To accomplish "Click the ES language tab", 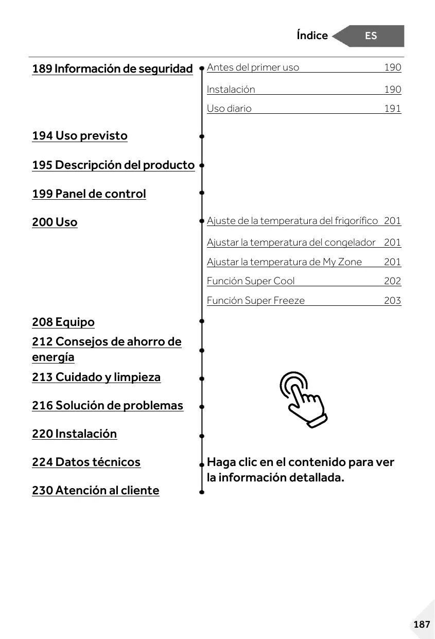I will click(x=371, y=36).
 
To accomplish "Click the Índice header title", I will click(x=312, y=36).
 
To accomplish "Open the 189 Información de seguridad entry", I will click(x=112, y=68).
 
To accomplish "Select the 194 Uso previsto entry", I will click(x=80, y=136).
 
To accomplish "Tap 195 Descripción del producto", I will click(x=113, y=165).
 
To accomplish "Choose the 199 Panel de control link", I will click(x=89, y=194).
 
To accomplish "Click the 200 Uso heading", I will click(x=55, y=222).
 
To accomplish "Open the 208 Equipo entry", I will click(x=63, y=322).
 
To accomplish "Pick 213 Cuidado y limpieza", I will click(x=96, y=377).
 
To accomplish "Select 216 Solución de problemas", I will click(x=108, y=406).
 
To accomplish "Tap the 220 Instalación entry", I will click(x=75, y=434).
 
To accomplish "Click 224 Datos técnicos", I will click(x=86, y=462).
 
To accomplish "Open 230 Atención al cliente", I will click(x=96, y=491).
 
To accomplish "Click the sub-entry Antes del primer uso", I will click(x=253, y=67).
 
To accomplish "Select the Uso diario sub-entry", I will click(x=229, y=109).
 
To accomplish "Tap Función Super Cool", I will click(x=251, y=281).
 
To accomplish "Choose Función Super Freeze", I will click(x=256, y=301).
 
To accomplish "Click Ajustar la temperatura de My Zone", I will click(x=284, y=262).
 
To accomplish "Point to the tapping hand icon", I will click(x=303, y=399).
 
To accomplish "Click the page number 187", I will click(x=421, y=625).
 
